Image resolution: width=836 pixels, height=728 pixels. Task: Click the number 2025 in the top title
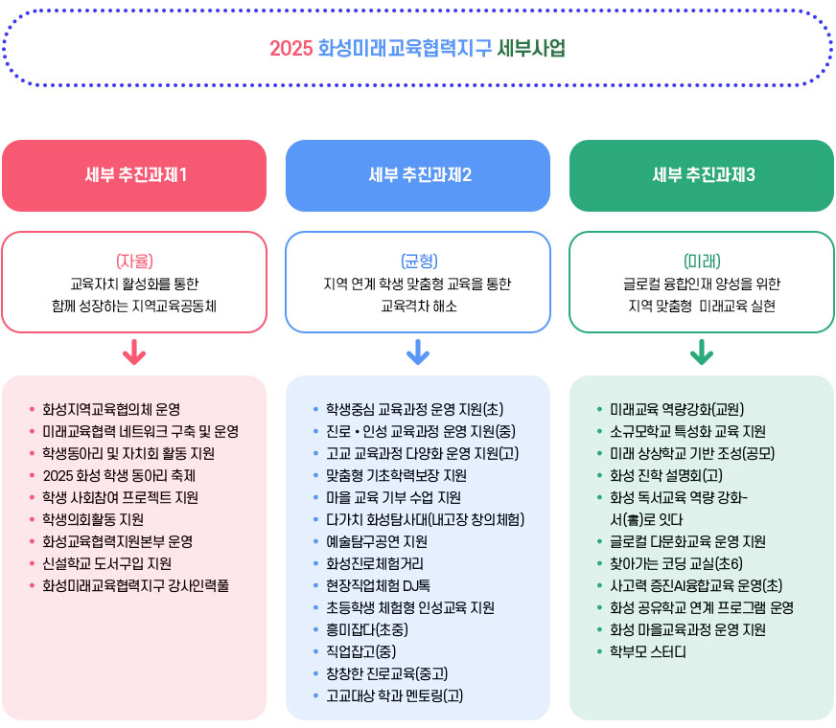[290, 48]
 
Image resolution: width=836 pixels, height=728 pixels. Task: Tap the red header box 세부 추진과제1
[134, 175]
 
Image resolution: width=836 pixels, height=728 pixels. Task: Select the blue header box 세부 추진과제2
[418, 175]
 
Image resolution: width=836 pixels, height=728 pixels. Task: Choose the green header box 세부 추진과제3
[702, 175]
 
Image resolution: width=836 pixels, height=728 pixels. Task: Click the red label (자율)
[134, 261]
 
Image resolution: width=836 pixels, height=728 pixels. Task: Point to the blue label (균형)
[418, 261]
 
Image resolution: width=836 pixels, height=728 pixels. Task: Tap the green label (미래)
[702, 261]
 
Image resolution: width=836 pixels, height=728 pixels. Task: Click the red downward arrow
[134, 353]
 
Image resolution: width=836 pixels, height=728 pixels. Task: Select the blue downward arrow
[418, 353]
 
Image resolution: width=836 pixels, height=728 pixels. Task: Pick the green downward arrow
[702, 353]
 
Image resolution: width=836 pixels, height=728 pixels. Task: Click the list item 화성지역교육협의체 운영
[111, 408]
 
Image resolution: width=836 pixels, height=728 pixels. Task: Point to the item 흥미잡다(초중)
[367, 629]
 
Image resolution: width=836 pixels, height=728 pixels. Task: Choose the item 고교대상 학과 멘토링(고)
[394, 695]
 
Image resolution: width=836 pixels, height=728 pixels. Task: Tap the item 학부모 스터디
[647, 651]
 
